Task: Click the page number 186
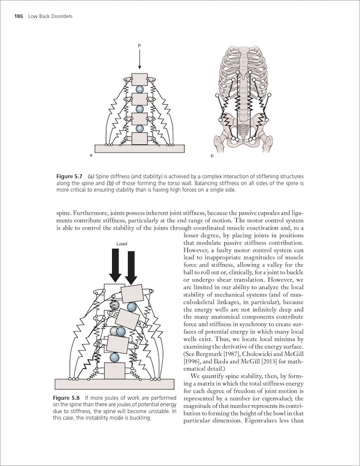click(x=18, y=16)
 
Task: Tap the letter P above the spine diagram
click(x=139, y=45)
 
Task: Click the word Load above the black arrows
click(x=122, y=243)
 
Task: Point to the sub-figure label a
click(x=91, y=156)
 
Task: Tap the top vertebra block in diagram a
click(x=139, y=79)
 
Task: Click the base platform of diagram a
click(x=139, y=148)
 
